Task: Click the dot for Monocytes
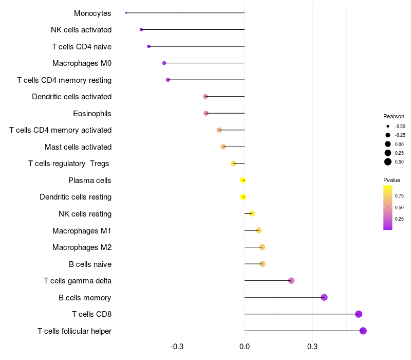[126, 13]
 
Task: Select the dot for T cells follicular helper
[363, 331]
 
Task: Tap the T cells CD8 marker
[359, 314]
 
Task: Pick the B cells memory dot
[324, 297]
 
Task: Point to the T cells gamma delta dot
[291, 281]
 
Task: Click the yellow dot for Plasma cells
[243, 180]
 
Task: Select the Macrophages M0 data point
[164, 63]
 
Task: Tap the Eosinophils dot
[206, 113]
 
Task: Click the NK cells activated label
[81, 30]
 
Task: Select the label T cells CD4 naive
[82, 47]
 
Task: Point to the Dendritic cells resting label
[76, 197]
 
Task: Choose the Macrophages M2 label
[82, 247]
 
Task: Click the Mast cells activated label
[78, 147]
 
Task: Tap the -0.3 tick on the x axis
[177, 347]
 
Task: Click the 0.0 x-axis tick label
[245, 347]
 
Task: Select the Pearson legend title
[394, 116]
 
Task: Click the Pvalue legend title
[391, 180]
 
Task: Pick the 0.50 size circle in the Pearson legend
[388, 162]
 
